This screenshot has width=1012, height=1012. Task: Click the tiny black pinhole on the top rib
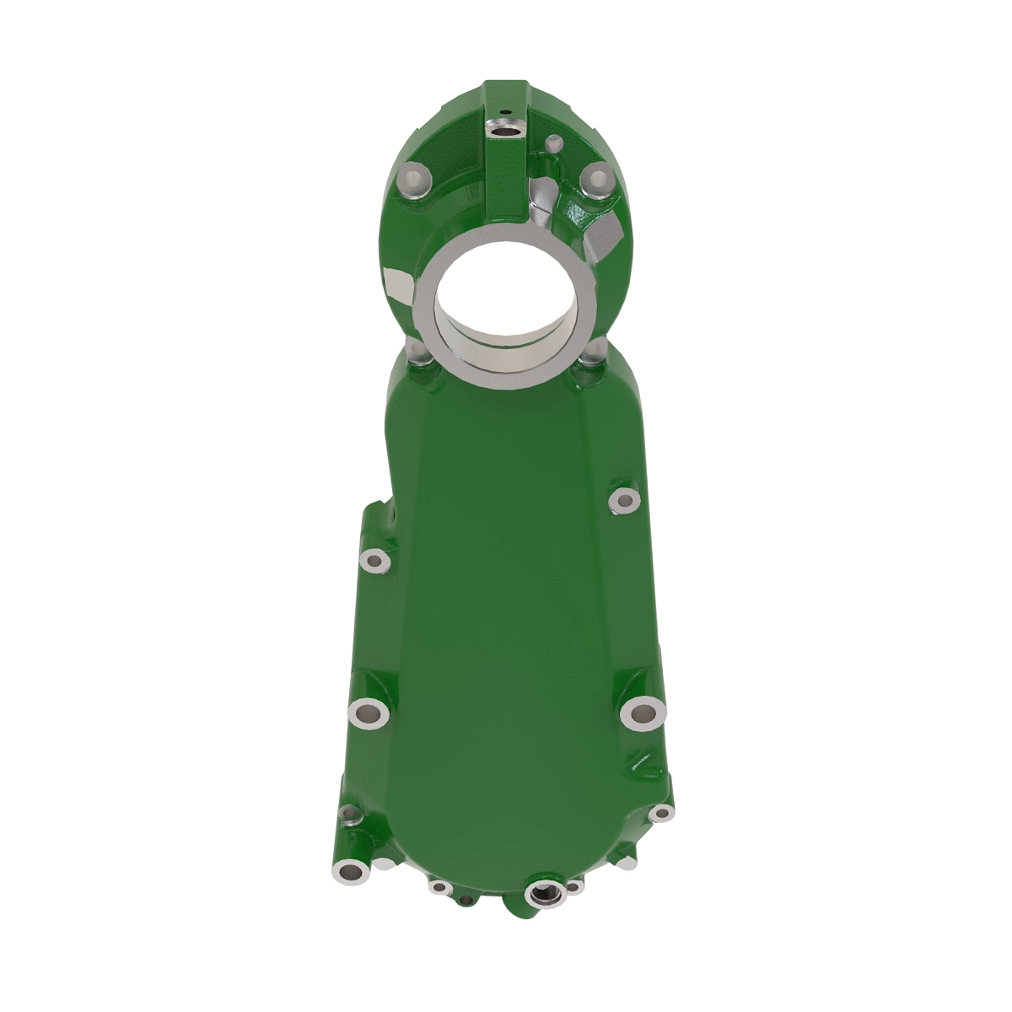[503, 110]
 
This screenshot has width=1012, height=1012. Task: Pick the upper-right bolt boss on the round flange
[597, 179]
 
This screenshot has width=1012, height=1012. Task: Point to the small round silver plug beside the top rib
[556, 142]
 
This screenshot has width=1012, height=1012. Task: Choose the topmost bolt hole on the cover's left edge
[374, 559]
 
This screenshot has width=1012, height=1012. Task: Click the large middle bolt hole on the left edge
[368, 713]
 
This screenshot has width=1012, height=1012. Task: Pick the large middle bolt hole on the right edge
[643, 714]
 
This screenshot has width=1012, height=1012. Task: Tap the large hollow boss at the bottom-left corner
[348, 870]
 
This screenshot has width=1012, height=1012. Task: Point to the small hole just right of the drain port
[574, 887]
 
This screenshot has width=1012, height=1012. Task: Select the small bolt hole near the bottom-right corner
[662, 813]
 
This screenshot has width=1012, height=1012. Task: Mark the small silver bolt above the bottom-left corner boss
[349, 814]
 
